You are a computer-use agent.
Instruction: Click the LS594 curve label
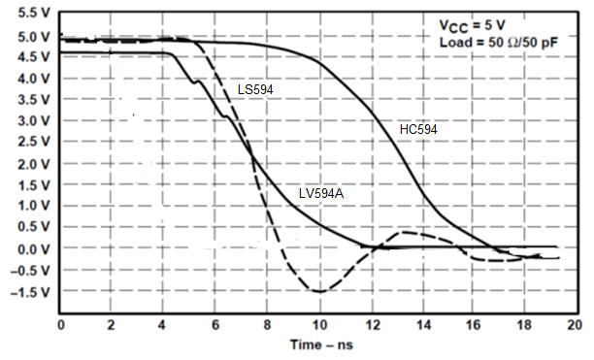[255, 89]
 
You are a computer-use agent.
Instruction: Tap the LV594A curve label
[321, 193]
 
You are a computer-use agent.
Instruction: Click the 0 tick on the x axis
[60, 323]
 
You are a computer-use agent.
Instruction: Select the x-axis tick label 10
[317, 323]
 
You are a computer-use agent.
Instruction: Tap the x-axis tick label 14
[420, 323]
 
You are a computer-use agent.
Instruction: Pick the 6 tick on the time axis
[214, 323]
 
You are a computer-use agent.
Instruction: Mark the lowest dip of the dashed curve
[318, 291]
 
